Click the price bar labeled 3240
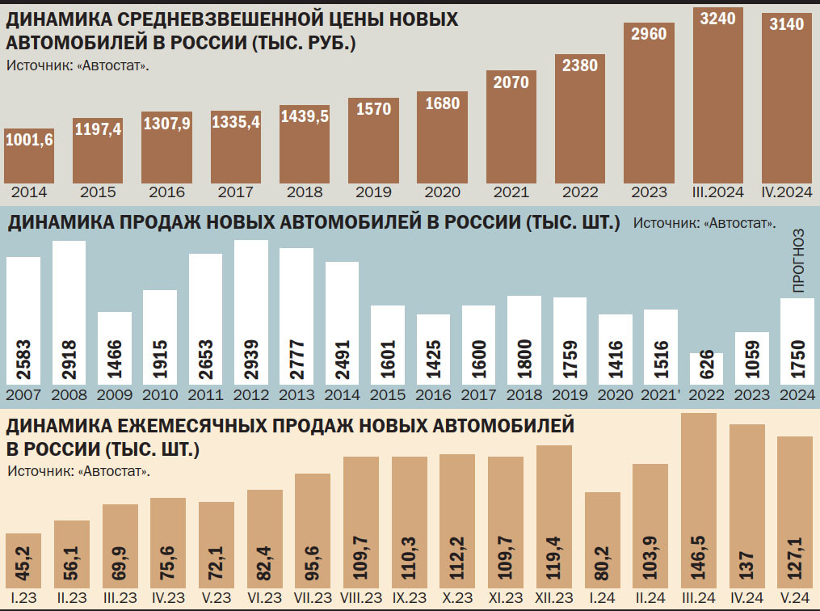(x=717, y=97)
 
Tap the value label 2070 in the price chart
(x=511, y=82)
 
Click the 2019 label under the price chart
(x=373, y=192)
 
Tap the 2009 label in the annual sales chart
(x=115, y=396)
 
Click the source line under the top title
(x=78, y=65)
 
